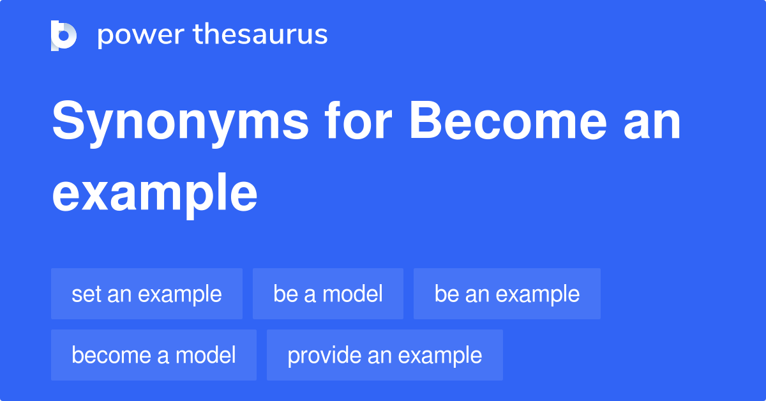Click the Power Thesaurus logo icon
tap(64, 35)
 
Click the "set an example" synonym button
tap(147, 294)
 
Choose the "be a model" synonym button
tap(328, 294)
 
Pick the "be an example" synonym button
tap(507, 294)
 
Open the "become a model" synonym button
tap(154, 355)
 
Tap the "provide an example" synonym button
tap(385, 355)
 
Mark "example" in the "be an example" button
tap(537, 294)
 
